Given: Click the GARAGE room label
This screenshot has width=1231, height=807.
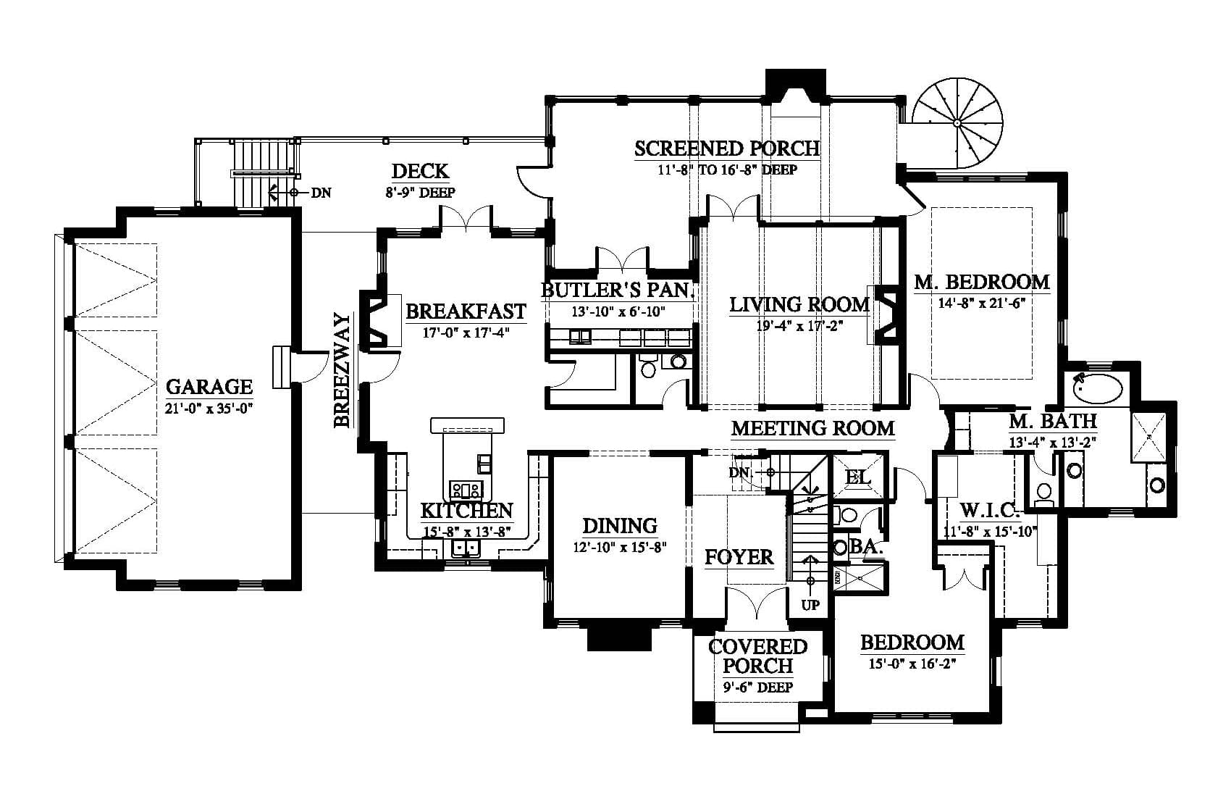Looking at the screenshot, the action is point(209,386).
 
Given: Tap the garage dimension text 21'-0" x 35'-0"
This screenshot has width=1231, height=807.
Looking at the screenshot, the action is point(209,409).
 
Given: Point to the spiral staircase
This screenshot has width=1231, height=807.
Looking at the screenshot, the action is point(957,123).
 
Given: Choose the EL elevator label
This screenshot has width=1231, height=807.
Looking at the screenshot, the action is point(858,477).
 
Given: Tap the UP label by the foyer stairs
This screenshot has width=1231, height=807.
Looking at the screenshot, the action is point(810,606).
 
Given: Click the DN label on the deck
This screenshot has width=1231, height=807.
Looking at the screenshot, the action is point(321,193).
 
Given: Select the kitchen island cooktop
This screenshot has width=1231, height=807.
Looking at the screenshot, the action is point(466,489).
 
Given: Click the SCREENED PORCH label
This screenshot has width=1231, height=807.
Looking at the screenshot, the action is point(726,149).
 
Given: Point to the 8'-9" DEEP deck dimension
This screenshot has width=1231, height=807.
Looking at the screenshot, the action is point(421,193).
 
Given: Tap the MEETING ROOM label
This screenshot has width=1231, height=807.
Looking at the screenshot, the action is point(812,428).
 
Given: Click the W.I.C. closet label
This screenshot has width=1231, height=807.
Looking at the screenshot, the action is point(990,511).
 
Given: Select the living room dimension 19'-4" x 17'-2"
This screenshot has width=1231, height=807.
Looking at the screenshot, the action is point(799,326).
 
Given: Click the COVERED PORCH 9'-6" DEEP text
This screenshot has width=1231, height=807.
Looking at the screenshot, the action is point(758,687).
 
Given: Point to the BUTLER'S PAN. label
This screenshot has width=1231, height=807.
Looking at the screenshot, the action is point(618,290).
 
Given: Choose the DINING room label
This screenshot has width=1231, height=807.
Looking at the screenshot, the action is point(620,526).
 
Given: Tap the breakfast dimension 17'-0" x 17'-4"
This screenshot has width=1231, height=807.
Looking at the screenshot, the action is point(466,333).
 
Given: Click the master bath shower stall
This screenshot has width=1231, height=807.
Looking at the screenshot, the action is point(1148,437).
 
